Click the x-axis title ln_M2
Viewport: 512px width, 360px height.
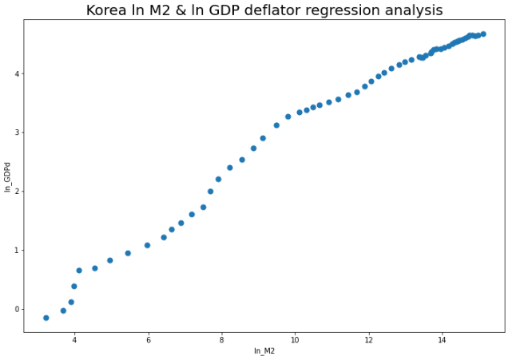point(264,351)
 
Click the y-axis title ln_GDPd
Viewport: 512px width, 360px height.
point(8,176)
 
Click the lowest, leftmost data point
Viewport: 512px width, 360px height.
point(46,318)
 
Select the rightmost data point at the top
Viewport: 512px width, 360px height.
point(483,34)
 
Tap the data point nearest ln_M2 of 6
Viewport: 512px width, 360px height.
point(148,245)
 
